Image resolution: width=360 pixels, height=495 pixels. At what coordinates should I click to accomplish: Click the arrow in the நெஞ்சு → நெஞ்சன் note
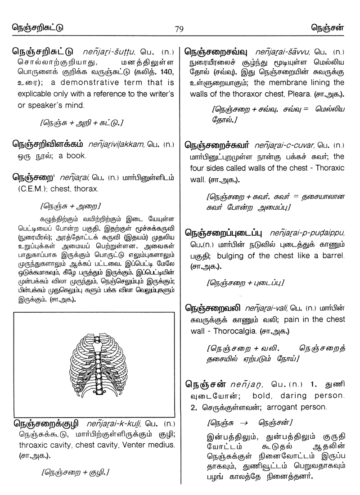click(x=243, y=423)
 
